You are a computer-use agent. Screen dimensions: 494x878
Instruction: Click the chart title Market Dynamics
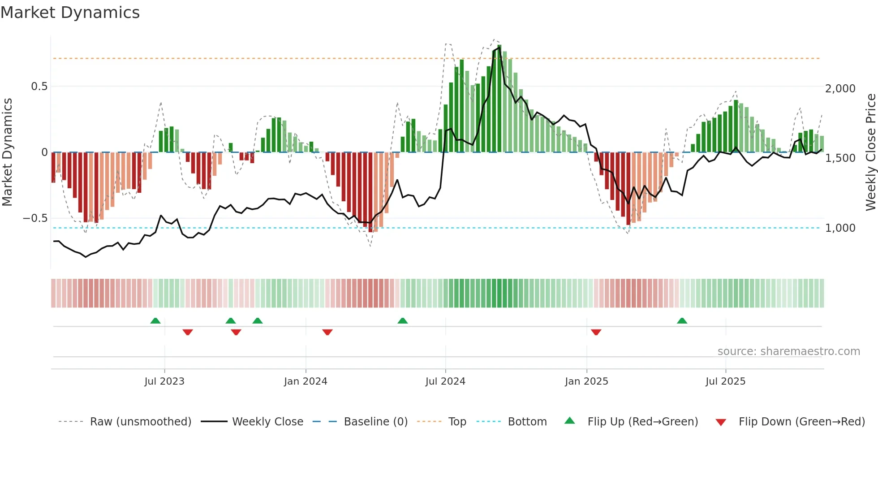pos(70,13)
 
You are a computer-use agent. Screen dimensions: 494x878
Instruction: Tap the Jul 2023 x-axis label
pos(164,381)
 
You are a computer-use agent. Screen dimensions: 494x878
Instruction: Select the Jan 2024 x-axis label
pos(306,381)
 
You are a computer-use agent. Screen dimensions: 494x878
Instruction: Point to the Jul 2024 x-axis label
pos(445,381)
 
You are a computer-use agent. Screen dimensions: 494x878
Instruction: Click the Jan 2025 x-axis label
pos(586,381)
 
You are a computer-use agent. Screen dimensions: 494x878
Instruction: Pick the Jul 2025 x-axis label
pos(725,381)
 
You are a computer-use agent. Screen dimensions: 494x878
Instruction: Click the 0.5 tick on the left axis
pos(39,87)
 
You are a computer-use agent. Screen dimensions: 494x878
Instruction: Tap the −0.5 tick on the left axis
pos(35,218)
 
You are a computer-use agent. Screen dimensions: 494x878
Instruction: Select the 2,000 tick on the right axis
pos(840,89)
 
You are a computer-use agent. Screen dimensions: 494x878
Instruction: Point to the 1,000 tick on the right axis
pos(840,228)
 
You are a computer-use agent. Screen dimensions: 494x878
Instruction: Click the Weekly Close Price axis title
pos(870,152)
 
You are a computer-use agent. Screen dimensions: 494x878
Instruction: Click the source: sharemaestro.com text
pos(788,351)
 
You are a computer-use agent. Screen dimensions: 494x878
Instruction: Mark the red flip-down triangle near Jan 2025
pos(596,332)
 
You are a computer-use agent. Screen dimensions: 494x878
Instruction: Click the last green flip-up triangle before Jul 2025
pos(682,321)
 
